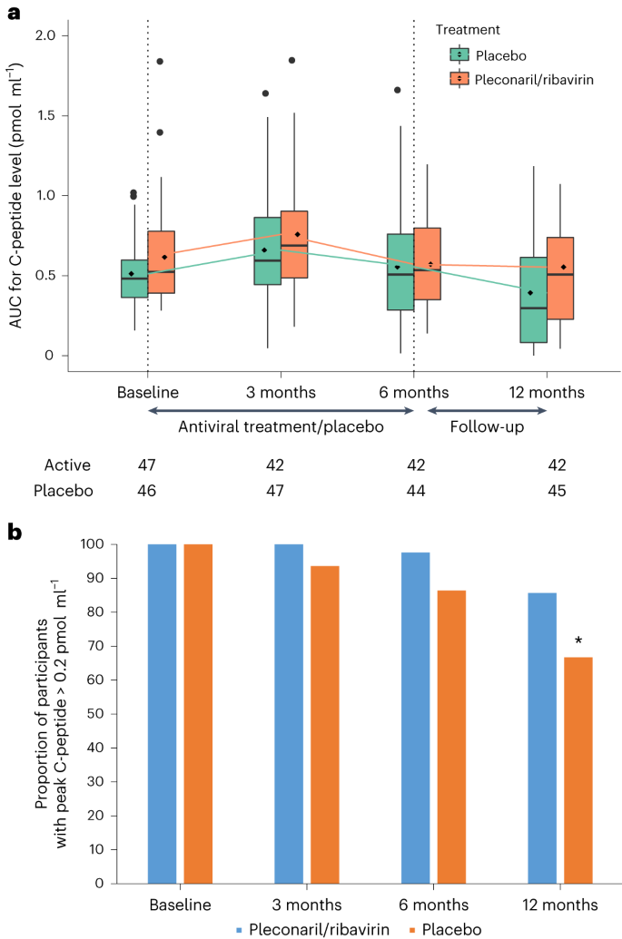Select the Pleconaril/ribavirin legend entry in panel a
[x=523, y=79]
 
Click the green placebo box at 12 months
[x=533, y=299]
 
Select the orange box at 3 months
[x=294, y=244]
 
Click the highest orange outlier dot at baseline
[x=160, y=62]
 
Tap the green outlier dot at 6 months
[x=398, y=90]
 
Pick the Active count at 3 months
[x=275, y=465]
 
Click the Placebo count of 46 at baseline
[x=147, y=491]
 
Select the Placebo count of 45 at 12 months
[x=557, y=491]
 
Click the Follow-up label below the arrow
[x=481, y=425]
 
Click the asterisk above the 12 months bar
[x=578, y=642]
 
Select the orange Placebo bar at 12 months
[x=578, y=770]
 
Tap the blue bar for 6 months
[x=416, y=717]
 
